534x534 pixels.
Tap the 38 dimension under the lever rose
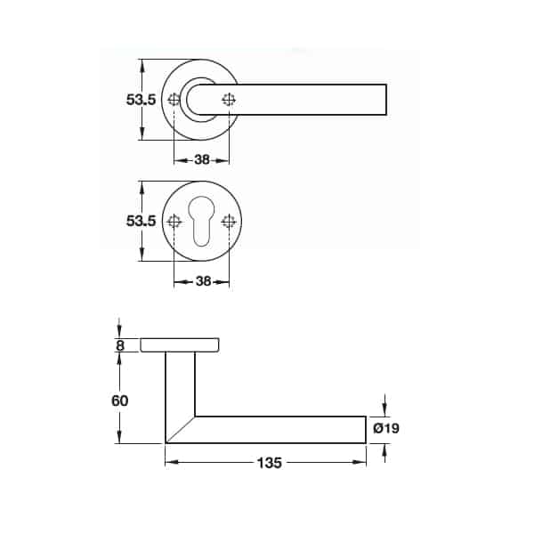tap(202, 161)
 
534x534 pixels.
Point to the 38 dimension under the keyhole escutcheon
tap(202, 282)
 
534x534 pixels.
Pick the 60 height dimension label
tap(120, 400)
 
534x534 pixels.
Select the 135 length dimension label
tap(270, 464)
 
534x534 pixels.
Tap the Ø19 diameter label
tap(386, 429)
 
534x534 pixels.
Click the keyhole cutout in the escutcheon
tap(201, 222)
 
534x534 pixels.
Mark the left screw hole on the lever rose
tap(174, 100)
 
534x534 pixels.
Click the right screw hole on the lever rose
tap(230, 100)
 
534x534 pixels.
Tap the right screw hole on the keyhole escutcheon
tap(230, 222)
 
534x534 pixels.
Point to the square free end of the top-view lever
tap(383, 100)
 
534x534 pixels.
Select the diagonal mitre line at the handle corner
tap(181, 429)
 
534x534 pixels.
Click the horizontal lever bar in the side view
tap(285, 429)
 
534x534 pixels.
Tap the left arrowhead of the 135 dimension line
tap(170, 463)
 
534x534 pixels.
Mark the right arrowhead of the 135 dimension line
tap(362, 463)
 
